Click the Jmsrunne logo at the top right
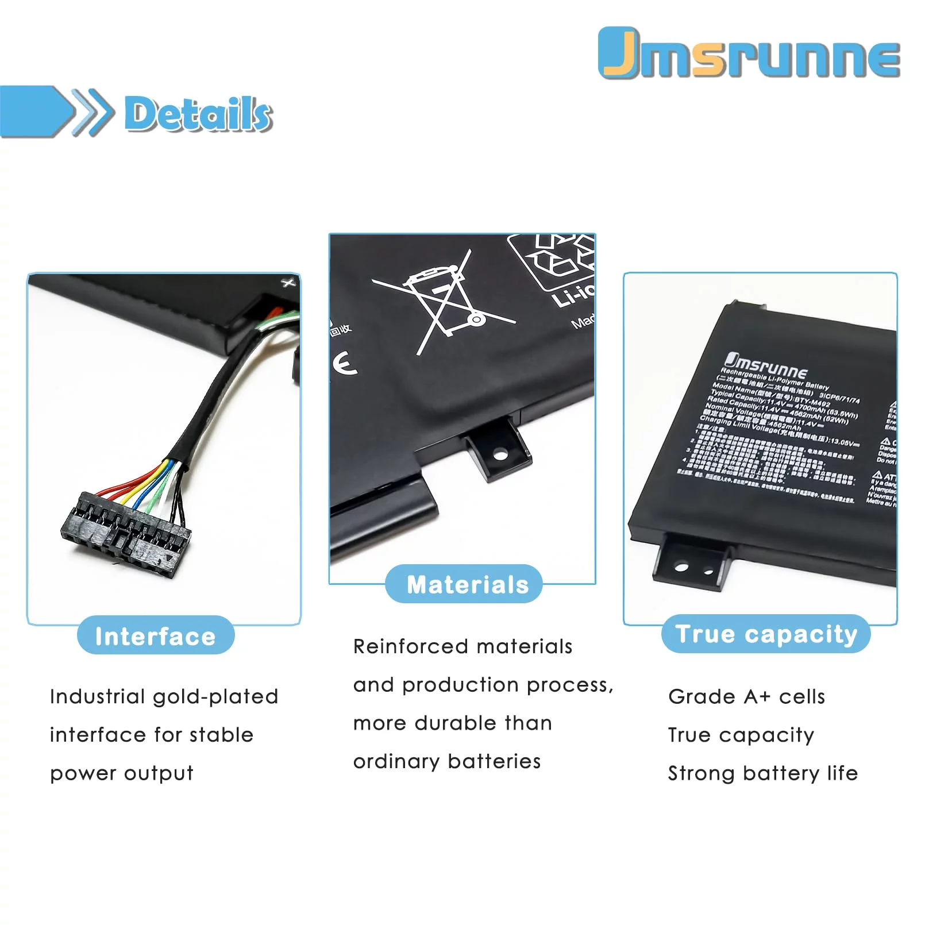(749, 53)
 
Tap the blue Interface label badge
(156, 635)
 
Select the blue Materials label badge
(464, 584)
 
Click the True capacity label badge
(766, 634)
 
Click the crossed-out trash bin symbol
(442, 302)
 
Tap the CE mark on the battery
(345, 364)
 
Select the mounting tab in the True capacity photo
(692, 561)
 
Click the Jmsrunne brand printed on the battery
(765, 367)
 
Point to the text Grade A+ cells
(746, 697)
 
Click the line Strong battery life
(762, 773)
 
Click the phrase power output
(121, 774)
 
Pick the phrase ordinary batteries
(447, 762)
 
